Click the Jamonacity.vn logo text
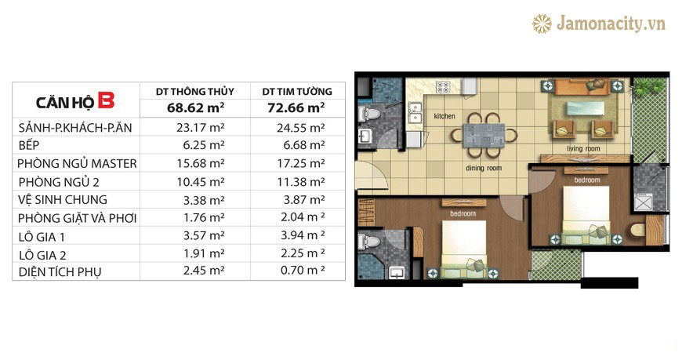click(611, 24)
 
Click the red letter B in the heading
click(106, 100)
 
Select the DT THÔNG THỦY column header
click(195, 92)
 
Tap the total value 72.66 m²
click(296, 107)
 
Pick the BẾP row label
click(29, 145)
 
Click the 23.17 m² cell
click(201, 128)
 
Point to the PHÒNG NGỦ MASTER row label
click(77, 164)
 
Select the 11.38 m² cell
click(301, 181)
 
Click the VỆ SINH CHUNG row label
click(63, 200)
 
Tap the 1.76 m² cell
click(204, 218)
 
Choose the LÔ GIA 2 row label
click(42, 255)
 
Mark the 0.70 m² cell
click(303, 271)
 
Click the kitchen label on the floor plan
click(444, 116)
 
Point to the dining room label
click(484, 168)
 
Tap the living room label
click(583, 149)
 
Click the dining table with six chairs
click(484, 136)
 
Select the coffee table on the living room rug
click(585, 108)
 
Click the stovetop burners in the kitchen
click(443, 87)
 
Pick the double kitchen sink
click(415, 112)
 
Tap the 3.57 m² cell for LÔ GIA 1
click(204, 236)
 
